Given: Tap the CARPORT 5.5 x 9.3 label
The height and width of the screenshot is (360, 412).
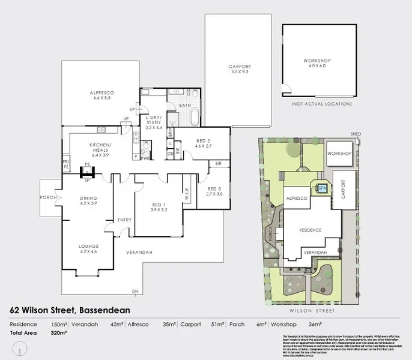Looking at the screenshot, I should pos(239,69).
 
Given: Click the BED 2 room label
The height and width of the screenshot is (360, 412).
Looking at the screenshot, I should pos(204,143).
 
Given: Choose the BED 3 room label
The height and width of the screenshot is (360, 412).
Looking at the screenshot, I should pos(214,191).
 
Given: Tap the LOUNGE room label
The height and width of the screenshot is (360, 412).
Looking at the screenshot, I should pos(88,248).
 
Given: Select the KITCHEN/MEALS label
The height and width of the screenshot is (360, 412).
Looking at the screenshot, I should pos(101,148).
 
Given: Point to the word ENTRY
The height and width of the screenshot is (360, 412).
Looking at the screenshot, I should pos(124,220).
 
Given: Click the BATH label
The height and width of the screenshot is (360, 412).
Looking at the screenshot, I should pos(186,106).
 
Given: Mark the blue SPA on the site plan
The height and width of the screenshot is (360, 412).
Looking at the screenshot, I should pos(322,188).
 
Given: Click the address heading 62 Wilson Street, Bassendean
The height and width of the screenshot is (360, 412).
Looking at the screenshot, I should pos(70,310).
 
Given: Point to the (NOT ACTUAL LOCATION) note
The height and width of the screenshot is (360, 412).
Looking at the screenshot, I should pos(321,104).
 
